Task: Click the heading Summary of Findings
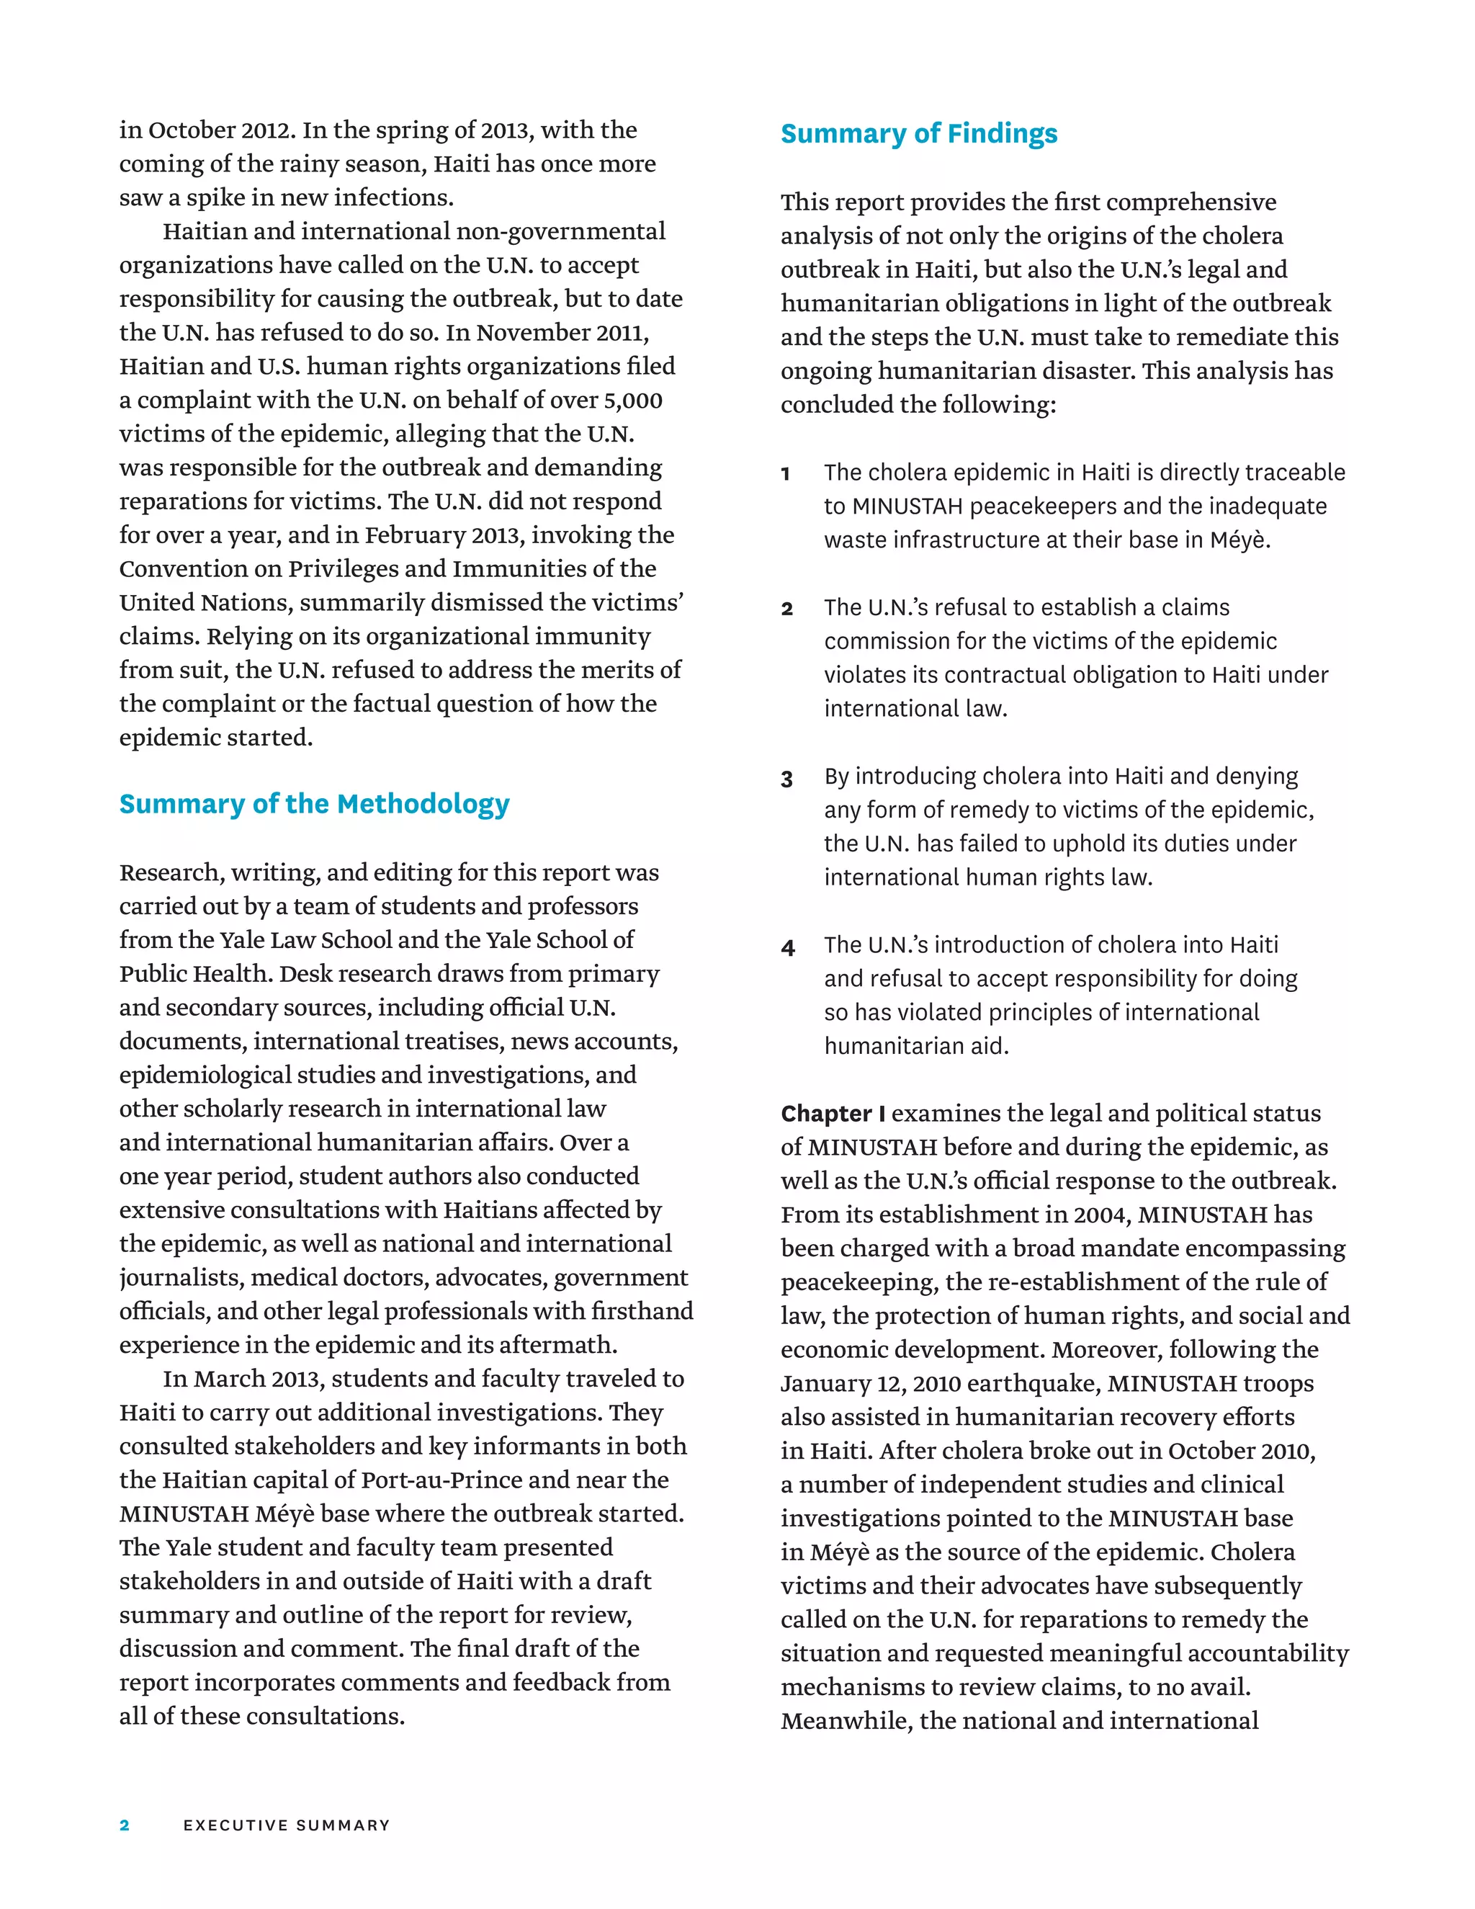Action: coord(918,134)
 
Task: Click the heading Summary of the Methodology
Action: coord(314,804)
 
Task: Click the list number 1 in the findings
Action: coord(786,474)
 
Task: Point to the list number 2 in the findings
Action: coord(786,609)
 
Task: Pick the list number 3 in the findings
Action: coord(786,778)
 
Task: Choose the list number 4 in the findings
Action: coord(787,947)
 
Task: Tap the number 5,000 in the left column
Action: coord(632,401)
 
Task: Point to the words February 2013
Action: coord(444,535)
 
